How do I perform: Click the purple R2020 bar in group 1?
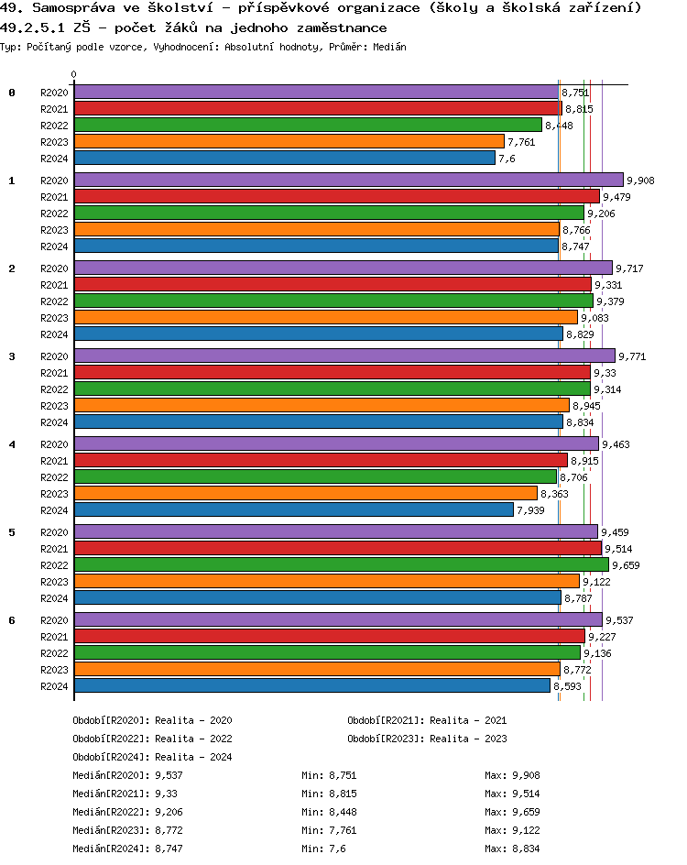pyautogui.click(x=348, y=181)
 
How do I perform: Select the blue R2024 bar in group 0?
pyautogui.click(x=284, y=159)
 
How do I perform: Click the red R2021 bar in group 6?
pyautogui.click(x=329, y=637)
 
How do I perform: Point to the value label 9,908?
pyautogui.click(x=640, y=181)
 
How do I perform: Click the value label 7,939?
pyautogui.click(x=531, y=510)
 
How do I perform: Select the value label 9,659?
pyautogui.click(x=626, y=565)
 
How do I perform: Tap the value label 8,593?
pyautogui.click(x=568, y=686)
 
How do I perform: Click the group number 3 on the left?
pyautogui.click(x=12, y=356)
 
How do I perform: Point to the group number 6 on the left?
pyautogui.click(x=12, y=620)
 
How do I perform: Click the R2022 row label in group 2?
pyautogui.click(x=54, y=301)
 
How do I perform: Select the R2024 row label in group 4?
pyautogui.click(x=54, y=510)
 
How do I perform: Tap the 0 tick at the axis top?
pyautogui.click(x=74, y=75)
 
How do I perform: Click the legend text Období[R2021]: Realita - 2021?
pyautogui.click(x=427, y=720)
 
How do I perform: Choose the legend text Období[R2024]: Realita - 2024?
pyautogui.click(x=152, y=757)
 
